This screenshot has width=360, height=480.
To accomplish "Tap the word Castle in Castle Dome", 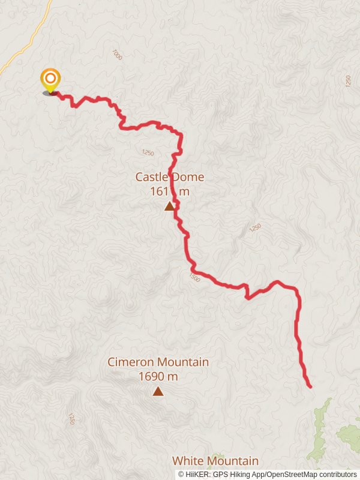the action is coord(152,177).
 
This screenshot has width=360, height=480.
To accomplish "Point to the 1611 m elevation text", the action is coord(170,191).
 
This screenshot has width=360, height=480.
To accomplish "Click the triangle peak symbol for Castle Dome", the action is coord(170,206).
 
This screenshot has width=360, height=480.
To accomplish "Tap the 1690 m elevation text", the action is coord(158,376).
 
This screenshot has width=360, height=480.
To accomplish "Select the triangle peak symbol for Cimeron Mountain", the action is coord(158,392).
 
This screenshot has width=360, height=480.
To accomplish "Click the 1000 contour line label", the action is coord(117,55).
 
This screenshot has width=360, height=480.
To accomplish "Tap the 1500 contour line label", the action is coord(194,277).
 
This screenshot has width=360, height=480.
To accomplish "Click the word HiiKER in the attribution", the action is coord(198,475).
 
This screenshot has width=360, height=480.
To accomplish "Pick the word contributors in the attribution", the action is coord(336,475).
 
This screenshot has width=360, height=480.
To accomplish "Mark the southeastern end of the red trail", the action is coord(310,387).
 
